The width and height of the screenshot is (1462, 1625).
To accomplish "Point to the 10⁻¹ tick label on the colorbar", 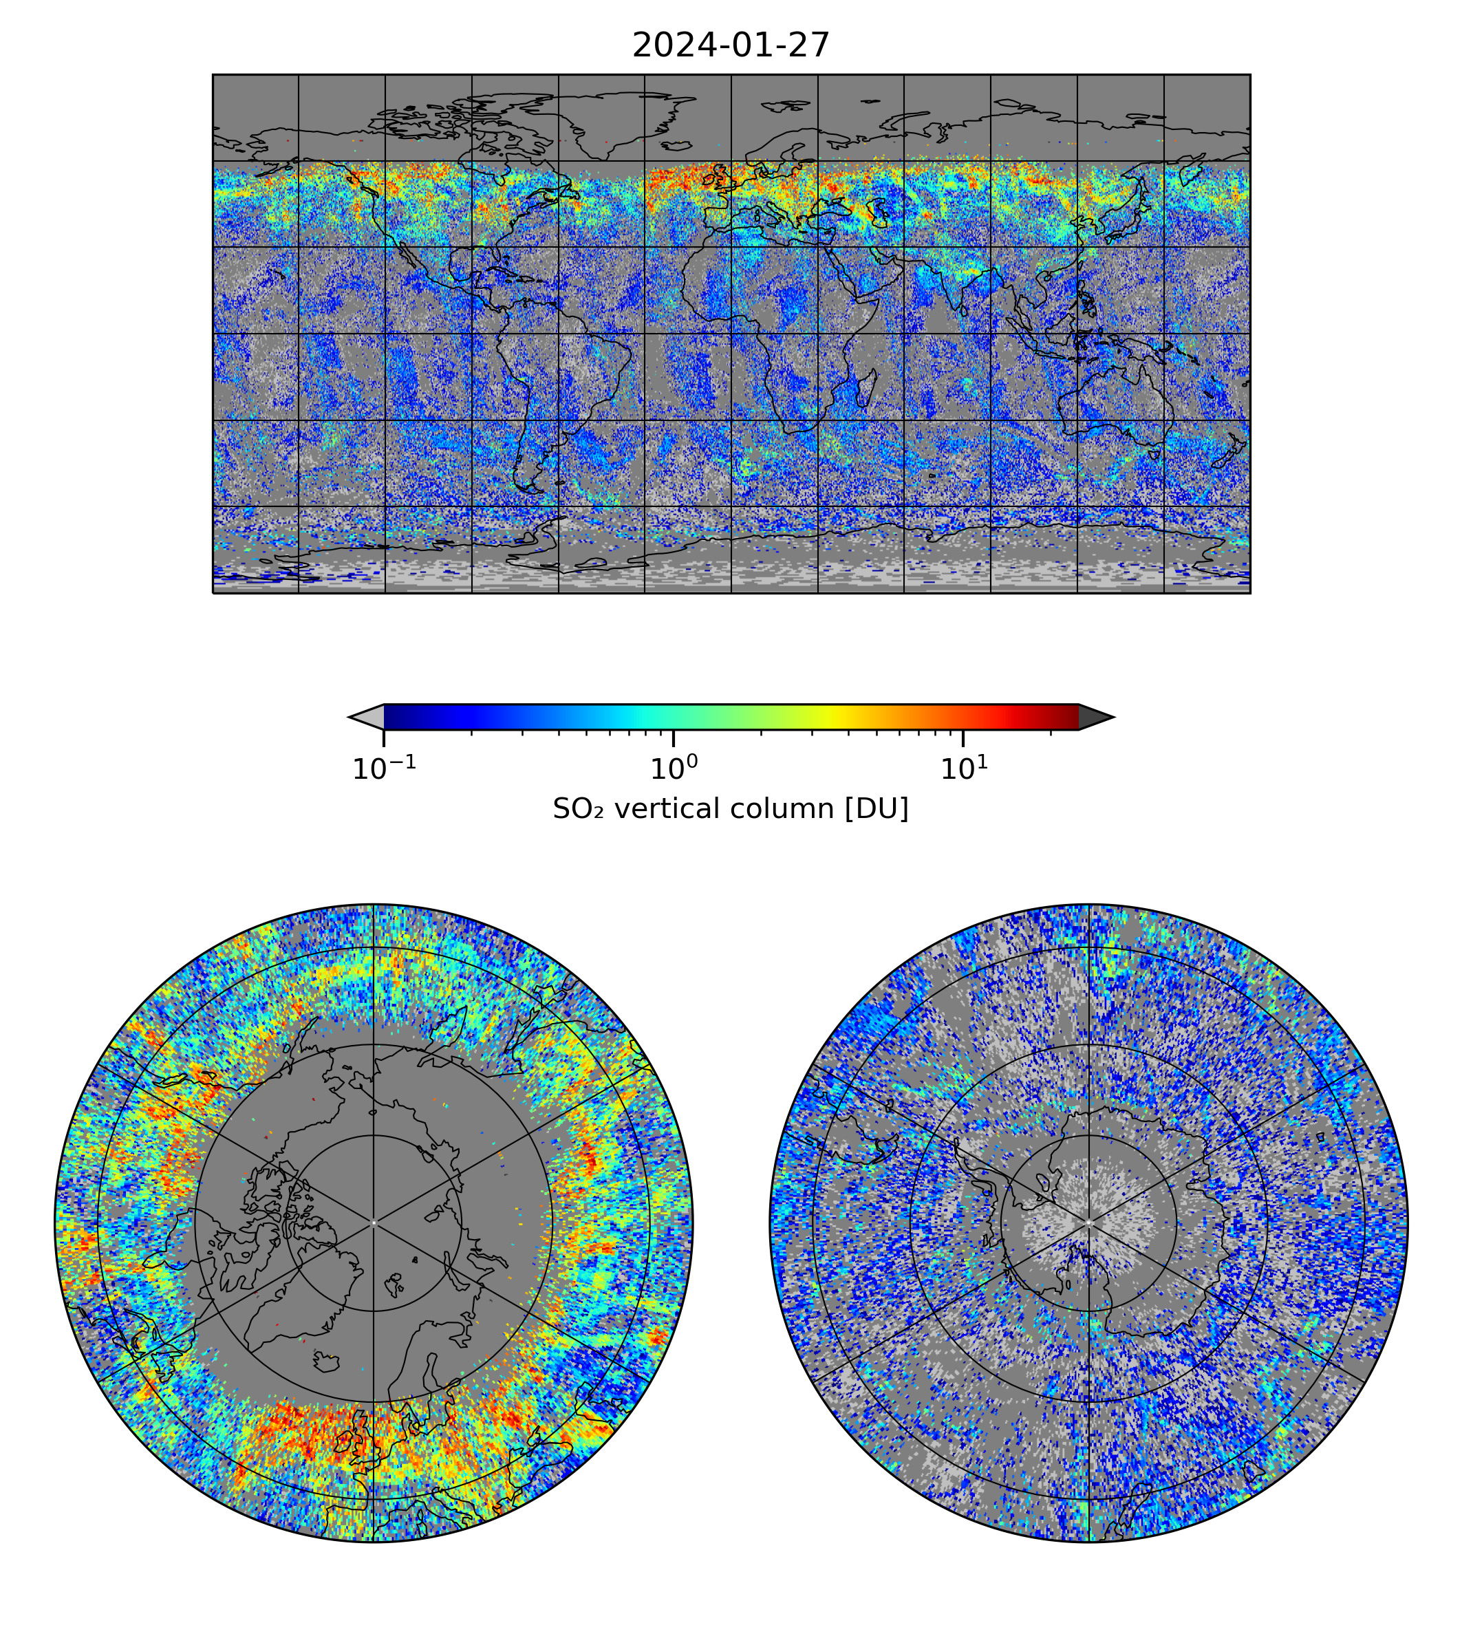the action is [x=384, y=768].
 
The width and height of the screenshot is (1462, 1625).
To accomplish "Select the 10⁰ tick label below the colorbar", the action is [x=673, y=768].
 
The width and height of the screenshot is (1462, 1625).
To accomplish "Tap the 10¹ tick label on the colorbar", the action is [x=963, y=768].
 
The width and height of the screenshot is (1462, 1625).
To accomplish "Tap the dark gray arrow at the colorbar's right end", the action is [x=1096, y=716].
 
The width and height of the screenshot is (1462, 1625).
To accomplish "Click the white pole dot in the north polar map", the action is [x=374, y=1223].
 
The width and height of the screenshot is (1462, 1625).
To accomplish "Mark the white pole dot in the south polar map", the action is [x=1088, y=1222].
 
